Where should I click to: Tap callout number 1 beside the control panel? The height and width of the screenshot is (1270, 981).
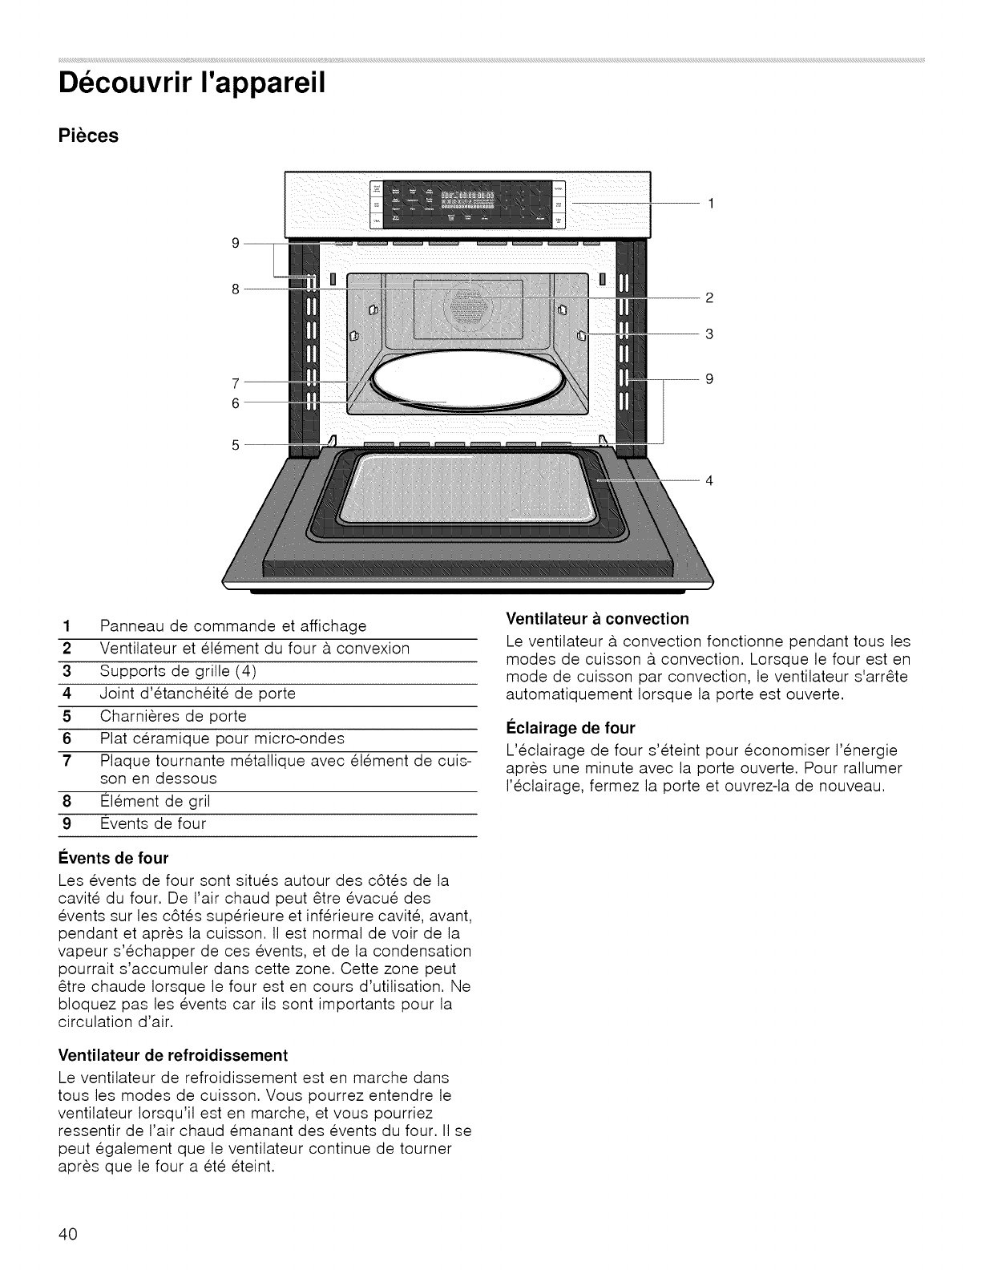pos(709,204)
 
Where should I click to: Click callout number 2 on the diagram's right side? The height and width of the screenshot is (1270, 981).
pos(709,298)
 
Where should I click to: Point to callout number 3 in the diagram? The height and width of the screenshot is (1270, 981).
pos(709,334)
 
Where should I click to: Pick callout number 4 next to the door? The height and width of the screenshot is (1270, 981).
pos(709,481)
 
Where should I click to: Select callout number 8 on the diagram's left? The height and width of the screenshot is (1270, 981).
pos(236,289)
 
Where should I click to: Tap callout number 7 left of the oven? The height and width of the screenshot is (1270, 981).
pos(236,382)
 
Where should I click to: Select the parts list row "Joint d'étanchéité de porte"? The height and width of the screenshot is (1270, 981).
pos(198,693)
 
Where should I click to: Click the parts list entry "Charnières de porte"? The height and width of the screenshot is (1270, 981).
pos(173,715)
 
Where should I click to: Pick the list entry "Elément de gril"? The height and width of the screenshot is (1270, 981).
pos(155,801)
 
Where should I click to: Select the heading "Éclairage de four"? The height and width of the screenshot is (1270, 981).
pos(571,728)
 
